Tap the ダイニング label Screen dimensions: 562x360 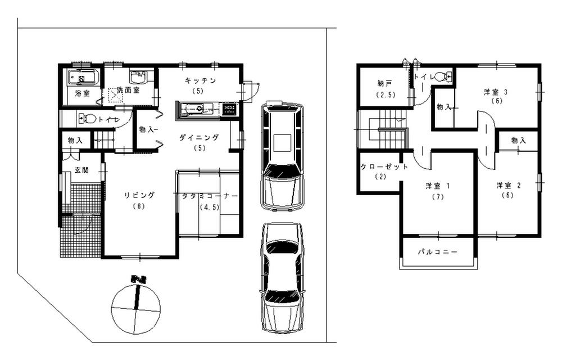(199, 137)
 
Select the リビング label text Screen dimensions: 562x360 (139, 195)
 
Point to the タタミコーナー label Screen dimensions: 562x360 (210, 196)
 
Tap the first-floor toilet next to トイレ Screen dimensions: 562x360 (88, 119)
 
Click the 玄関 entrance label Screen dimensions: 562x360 (82, 170)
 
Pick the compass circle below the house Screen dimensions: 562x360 (135, 309)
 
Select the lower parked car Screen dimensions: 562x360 (283, 276)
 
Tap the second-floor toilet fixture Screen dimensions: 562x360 (443, 76)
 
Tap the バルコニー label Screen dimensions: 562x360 (437, 252)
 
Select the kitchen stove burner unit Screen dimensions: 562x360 (229, 109)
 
